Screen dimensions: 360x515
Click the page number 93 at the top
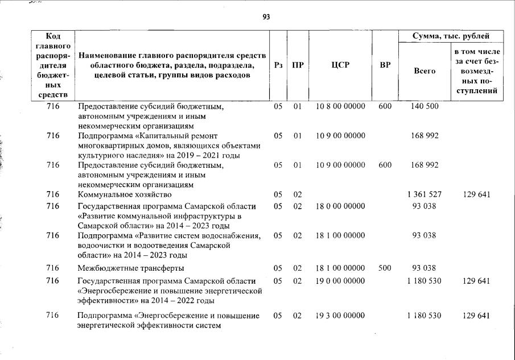click(x=266, y=16)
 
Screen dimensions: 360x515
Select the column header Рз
click(x=278, y=65)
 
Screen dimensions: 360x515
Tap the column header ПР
click(x=297, y=65)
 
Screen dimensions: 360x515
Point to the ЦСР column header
click(x=340, y=65)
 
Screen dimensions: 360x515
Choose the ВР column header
click(x=385, y=65)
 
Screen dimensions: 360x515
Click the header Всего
click(x=425, y=71)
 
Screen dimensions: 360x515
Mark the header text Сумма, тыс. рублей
click(x=451, y=36)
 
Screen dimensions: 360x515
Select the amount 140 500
click(x=425, y=106)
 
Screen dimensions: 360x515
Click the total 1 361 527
click(x=425, y=195)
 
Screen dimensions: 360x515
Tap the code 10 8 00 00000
click(x=340, y=106)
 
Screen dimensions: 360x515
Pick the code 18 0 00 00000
click(x=340, y=206)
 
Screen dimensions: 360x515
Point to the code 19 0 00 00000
click(x=340, y=281)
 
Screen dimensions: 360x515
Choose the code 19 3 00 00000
click(x=340, y=316)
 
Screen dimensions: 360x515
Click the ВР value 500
click(x=385, y=268)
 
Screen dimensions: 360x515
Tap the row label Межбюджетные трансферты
click(x=130, y=268)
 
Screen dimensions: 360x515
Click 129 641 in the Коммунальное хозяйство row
click(x=477, y=195)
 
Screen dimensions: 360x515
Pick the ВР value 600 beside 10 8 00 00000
click(x=385, y=106)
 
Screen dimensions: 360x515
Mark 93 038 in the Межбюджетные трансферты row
click(x=425, y=268)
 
